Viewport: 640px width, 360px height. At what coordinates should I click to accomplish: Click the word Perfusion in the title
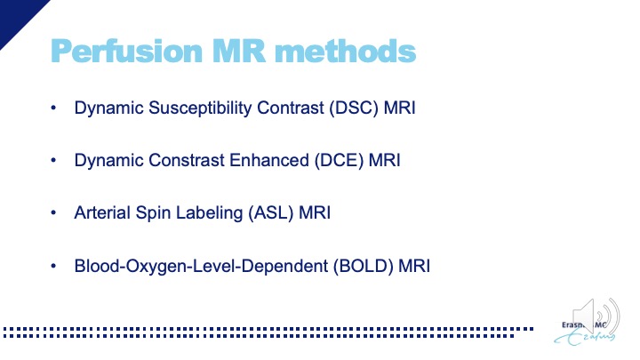(126, 52)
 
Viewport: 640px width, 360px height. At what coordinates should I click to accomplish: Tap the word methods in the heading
(345, 51)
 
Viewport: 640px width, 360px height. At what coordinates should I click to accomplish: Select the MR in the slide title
(239, 51)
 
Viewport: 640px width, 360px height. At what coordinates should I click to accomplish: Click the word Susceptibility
(200, 108)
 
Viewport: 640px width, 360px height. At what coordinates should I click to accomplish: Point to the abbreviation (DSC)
(354, 108)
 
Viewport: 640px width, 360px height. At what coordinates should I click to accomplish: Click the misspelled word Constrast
(186, 160)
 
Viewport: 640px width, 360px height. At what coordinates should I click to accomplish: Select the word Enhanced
(269, 160)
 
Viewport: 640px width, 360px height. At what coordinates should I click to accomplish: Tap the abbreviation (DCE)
(339, 160)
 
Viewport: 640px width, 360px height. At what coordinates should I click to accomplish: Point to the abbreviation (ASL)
(270, 213)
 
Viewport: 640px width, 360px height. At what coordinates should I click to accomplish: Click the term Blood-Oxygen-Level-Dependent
(201, 267)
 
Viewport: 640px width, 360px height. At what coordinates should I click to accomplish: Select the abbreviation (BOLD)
(364, 267)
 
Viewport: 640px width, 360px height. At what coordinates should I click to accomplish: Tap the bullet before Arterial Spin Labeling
(53, 212)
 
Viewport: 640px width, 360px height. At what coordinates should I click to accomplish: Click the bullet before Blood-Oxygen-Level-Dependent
(53, 266)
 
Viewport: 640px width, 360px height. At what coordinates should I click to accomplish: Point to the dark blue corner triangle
(16, 16)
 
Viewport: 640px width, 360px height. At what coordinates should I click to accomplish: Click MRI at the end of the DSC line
(400, 108)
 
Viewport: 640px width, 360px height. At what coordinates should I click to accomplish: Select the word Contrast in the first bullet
(290, 108)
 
